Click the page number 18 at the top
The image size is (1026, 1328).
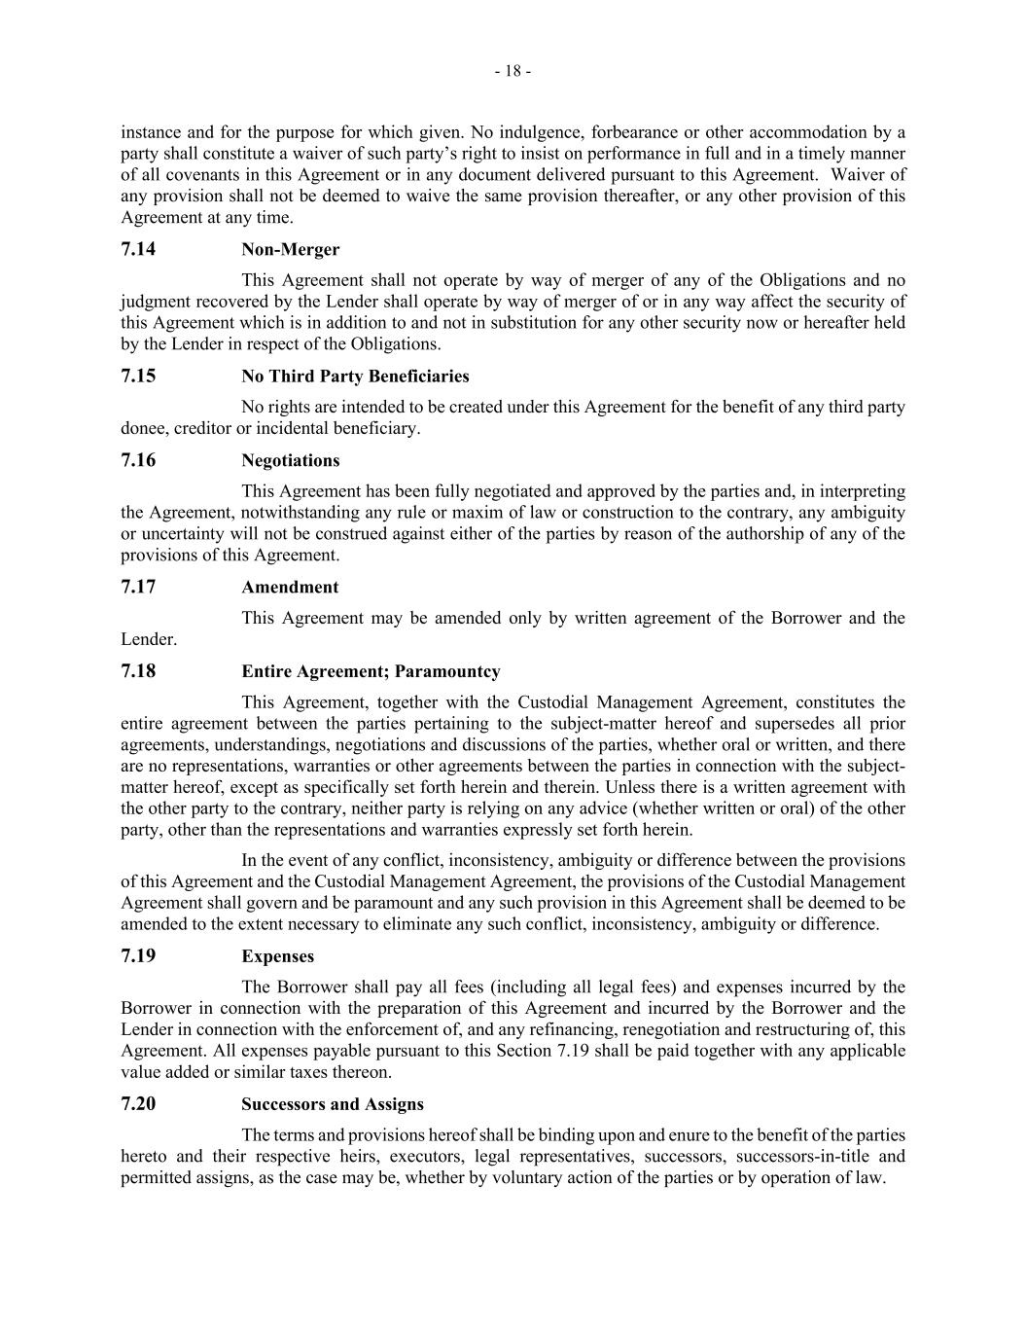(x=513, y=71)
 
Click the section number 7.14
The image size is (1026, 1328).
(x=138, y=249)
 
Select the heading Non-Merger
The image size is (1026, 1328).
(x=290, y=250)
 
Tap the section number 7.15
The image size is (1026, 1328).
(x=138, y=376)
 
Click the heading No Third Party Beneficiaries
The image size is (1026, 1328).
(x=355, y=377)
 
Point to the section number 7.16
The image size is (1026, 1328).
(x=138, y=460)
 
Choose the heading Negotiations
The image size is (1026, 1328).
(x=290, y=461)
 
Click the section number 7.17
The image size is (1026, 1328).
(x=138, y=587)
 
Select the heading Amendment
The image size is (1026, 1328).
(x=290, y=588)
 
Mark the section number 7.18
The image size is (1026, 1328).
(x=138, y=671)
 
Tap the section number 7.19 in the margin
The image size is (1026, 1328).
(x=138, y=955)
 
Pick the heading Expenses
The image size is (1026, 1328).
(x=277, y=956)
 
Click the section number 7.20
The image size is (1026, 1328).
(x=138, y=1103)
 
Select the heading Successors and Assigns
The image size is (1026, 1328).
(x=332, y=1104)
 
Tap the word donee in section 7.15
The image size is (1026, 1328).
(x=142, y=428)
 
